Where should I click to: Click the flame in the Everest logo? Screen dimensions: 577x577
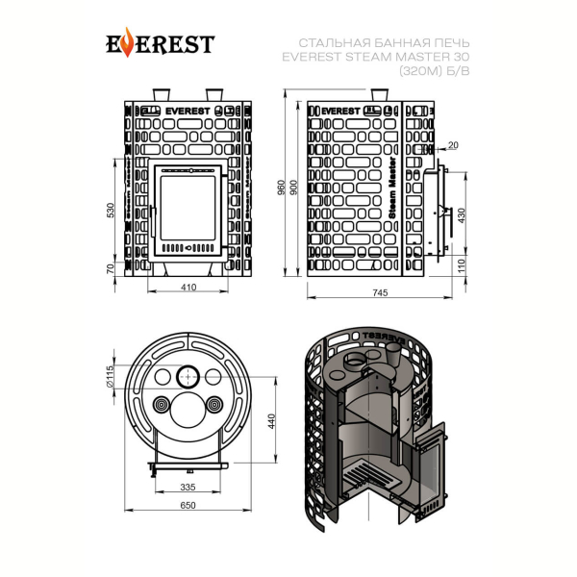click(127, 42)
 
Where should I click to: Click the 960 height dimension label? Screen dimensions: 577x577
click(281, 188)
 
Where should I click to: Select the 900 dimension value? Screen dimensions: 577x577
click(293, 188)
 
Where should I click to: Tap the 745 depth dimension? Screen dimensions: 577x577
click(380, 292)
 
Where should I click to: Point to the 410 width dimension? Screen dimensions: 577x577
click(188, 287)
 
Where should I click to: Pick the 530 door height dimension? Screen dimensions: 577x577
click(111, 210)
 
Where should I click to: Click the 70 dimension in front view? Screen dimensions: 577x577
click(111, 268)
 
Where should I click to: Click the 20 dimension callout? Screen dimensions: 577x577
click(453, 145)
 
